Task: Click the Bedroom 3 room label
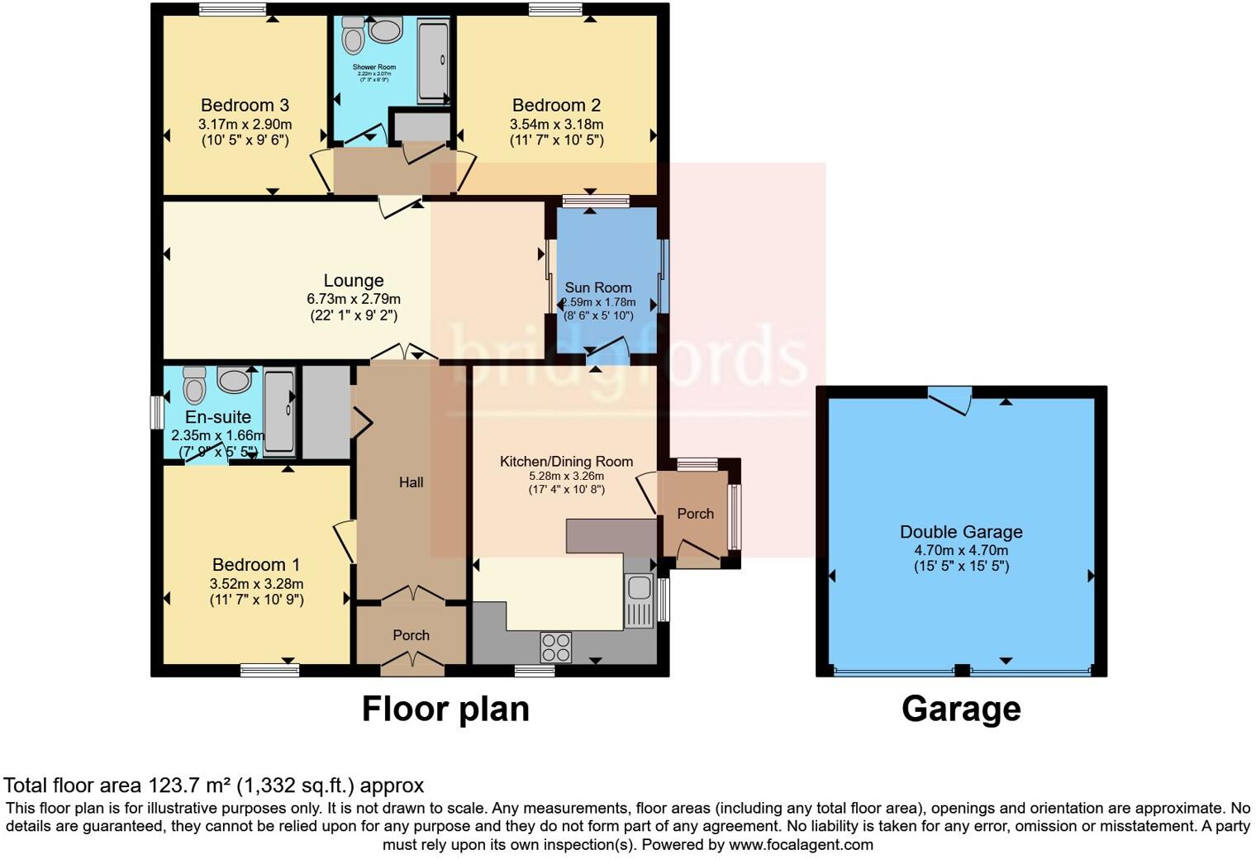(x=245, y=105)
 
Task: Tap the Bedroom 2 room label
(x=556, y=105)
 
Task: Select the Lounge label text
(x=353, y=281)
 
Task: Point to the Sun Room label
(x=598, y=287)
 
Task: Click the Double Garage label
(x=961, y=532)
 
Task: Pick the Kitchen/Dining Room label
(x=566, y=461)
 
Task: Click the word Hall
(x=411, y=482)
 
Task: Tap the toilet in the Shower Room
(x=354, y=35)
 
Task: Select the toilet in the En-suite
(x=194, y=385)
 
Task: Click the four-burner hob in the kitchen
(x=555, y=647)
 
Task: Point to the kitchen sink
(x=638, y=590)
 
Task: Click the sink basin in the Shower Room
(x=386, y=31)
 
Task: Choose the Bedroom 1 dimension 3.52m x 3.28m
(x=256, y=584)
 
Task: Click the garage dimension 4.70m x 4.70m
(x=961, y=550)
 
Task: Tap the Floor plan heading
(x=445, y=709)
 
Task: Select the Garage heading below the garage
(x=961, y=709)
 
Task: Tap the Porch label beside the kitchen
(x=695, y=514)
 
